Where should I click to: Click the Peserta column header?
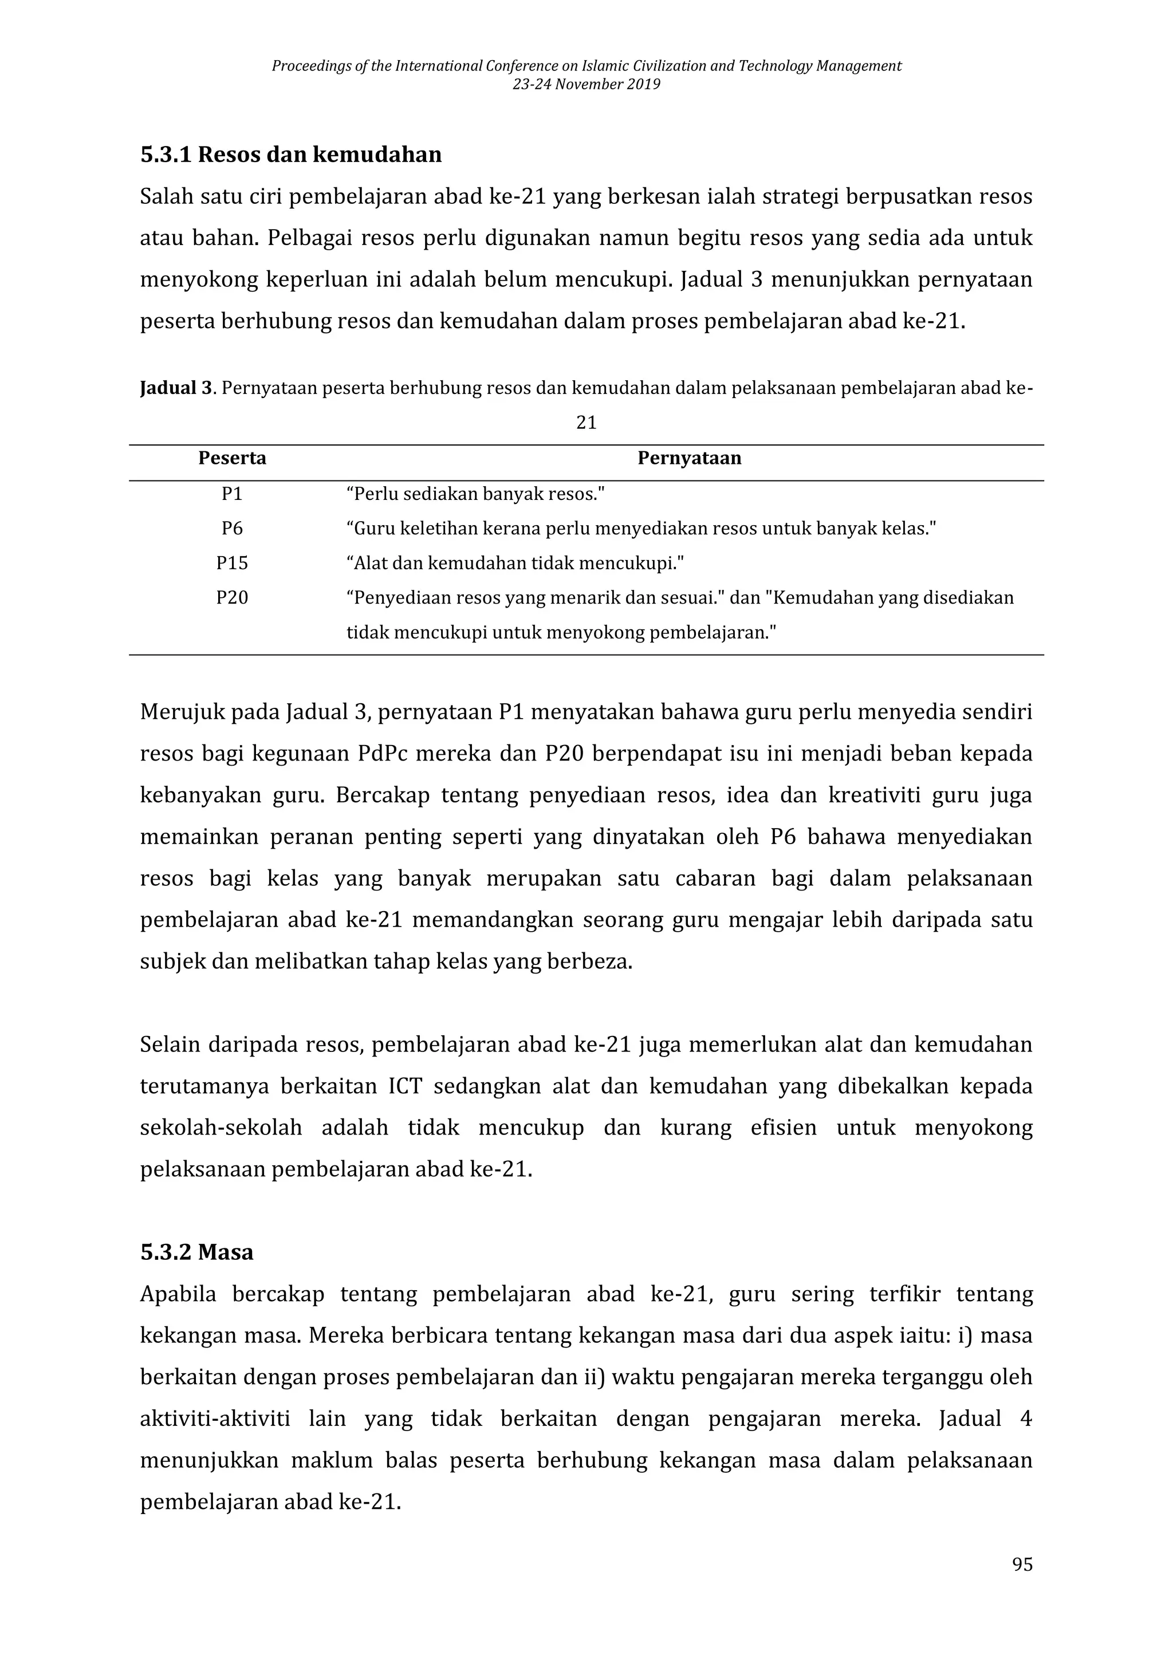pyautogui.click(x=232, y=458)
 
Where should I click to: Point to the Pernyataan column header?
pyautogui.click(x=689, y=458)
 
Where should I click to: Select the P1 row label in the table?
pyautogui.click(x=232, y=494)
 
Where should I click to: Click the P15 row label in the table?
pyautogui.click(x=232, y=563)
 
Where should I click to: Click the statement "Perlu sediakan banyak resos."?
pyautogui.click(x=475, y=494)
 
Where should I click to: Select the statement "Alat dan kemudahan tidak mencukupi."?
pyautogui.click(x=514, y=563)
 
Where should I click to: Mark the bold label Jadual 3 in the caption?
pyautogui.click(x=176, y=389)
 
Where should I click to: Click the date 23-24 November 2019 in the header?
pyautogui.click(x=586, y=85)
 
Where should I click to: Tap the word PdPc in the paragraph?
pyautogui.click(x=383, y=754)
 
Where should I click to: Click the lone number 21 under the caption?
pyautogui.click(x=586, y=423)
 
